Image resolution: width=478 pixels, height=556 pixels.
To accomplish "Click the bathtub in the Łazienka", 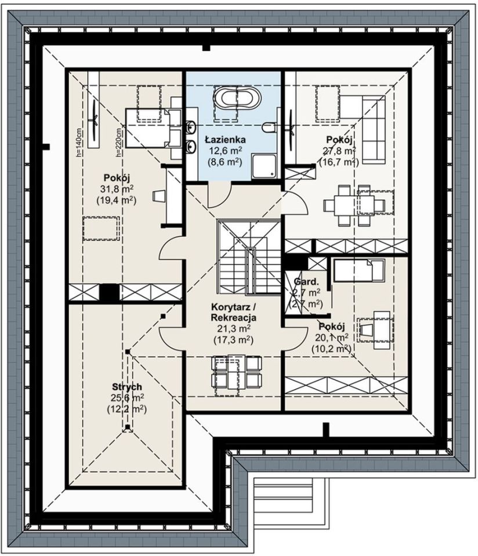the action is click(237, 98).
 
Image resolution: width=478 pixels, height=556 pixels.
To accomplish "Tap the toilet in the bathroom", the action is click(269, 127).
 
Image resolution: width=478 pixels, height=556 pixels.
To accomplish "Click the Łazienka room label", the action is click(225, 140).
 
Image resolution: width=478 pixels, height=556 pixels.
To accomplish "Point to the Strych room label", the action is click(127, 386).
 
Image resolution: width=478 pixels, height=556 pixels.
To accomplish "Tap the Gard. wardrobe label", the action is click(306, 282).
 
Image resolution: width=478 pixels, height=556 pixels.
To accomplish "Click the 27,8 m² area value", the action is click(339, 151).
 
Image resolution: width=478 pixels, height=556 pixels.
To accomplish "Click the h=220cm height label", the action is click(118, 142).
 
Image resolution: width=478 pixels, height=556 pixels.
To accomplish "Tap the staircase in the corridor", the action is click(249, 257).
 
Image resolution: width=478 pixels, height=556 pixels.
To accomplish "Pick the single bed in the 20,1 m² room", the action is click(358, 270).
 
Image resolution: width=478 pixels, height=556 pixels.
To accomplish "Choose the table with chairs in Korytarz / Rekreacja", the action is click(236, 375).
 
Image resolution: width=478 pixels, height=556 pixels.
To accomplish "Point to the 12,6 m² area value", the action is click(225, 151).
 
